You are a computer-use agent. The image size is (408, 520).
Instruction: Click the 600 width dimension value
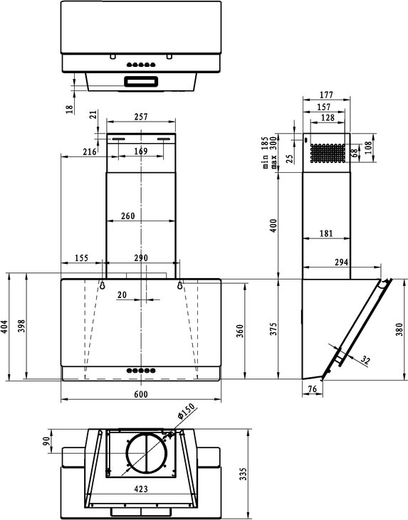pyautogui.click(x=141, y=394)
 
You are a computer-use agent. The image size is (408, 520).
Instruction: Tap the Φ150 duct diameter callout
pyautogui.click(x=187, y=412)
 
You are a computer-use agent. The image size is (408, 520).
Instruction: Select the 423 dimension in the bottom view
pyautogui.click(x=141, y=489)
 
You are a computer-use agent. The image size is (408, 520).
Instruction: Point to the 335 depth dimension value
pyautogui.click(x=244, y=474)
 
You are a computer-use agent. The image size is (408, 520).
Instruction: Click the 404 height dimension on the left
pyautogui.click(x=5, y=327)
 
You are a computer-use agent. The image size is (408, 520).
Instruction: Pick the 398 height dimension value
pyautogui.click(x=21, y=327)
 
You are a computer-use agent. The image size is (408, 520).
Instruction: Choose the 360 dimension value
pyautogui.click(x=240, y=331)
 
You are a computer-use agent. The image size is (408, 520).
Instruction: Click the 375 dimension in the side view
pyautogui.click(x=273, y=329)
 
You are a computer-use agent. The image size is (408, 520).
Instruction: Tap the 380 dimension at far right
pyautogui.click(x=399, y=329)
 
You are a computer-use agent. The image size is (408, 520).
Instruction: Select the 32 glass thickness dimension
pyautogui.click(x=365, y=360)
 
